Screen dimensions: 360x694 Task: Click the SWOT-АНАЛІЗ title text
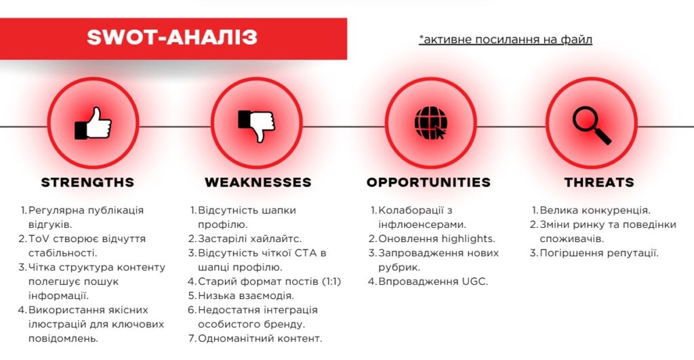tap(171, 37)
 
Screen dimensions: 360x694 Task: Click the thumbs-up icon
tap(94, 123)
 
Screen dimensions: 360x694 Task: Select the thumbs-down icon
tap(256, 123)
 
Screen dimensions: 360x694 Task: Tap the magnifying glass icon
tap(591, 125)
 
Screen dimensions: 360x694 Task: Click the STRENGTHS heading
tap(87, 182)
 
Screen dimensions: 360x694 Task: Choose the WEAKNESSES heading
tap(258, 182)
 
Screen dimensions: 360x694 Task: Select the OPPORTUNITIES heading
tap(428, 182)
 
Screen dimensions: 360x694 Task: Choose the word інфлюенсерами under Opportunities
tap(421, 224)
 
